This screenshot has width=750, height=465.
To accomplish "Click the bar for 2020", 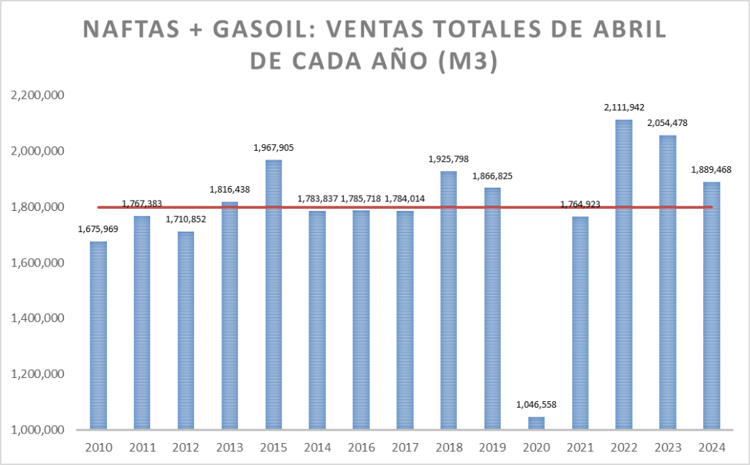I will pos(536,423).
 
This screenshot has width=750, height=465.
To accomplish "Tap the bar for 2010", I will pos(98,335).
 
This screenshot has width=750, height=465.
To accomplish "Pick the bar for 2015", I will pos(273,294).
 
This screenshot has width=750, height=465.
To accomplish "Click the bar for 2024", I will pos(711,305).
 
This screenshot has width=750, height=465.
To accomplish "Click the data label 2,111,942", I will pos(624,107).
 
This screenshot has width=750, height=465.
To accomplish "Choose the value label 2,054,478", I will pos(667,123).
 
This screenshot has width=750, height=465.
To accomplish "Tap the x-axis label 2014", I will pos(317,447).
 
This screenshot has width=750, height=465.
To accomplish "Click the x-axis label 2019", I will pos(492,447).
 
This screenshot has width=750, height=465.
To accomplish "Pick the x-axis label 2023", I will pos(667,447).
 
